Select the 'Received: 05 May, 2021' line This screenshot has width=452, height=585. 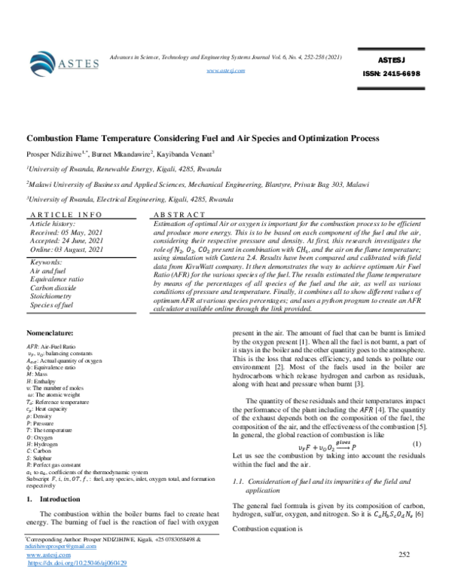65,233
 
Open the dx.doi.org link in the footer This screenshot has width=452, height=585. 77,562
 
